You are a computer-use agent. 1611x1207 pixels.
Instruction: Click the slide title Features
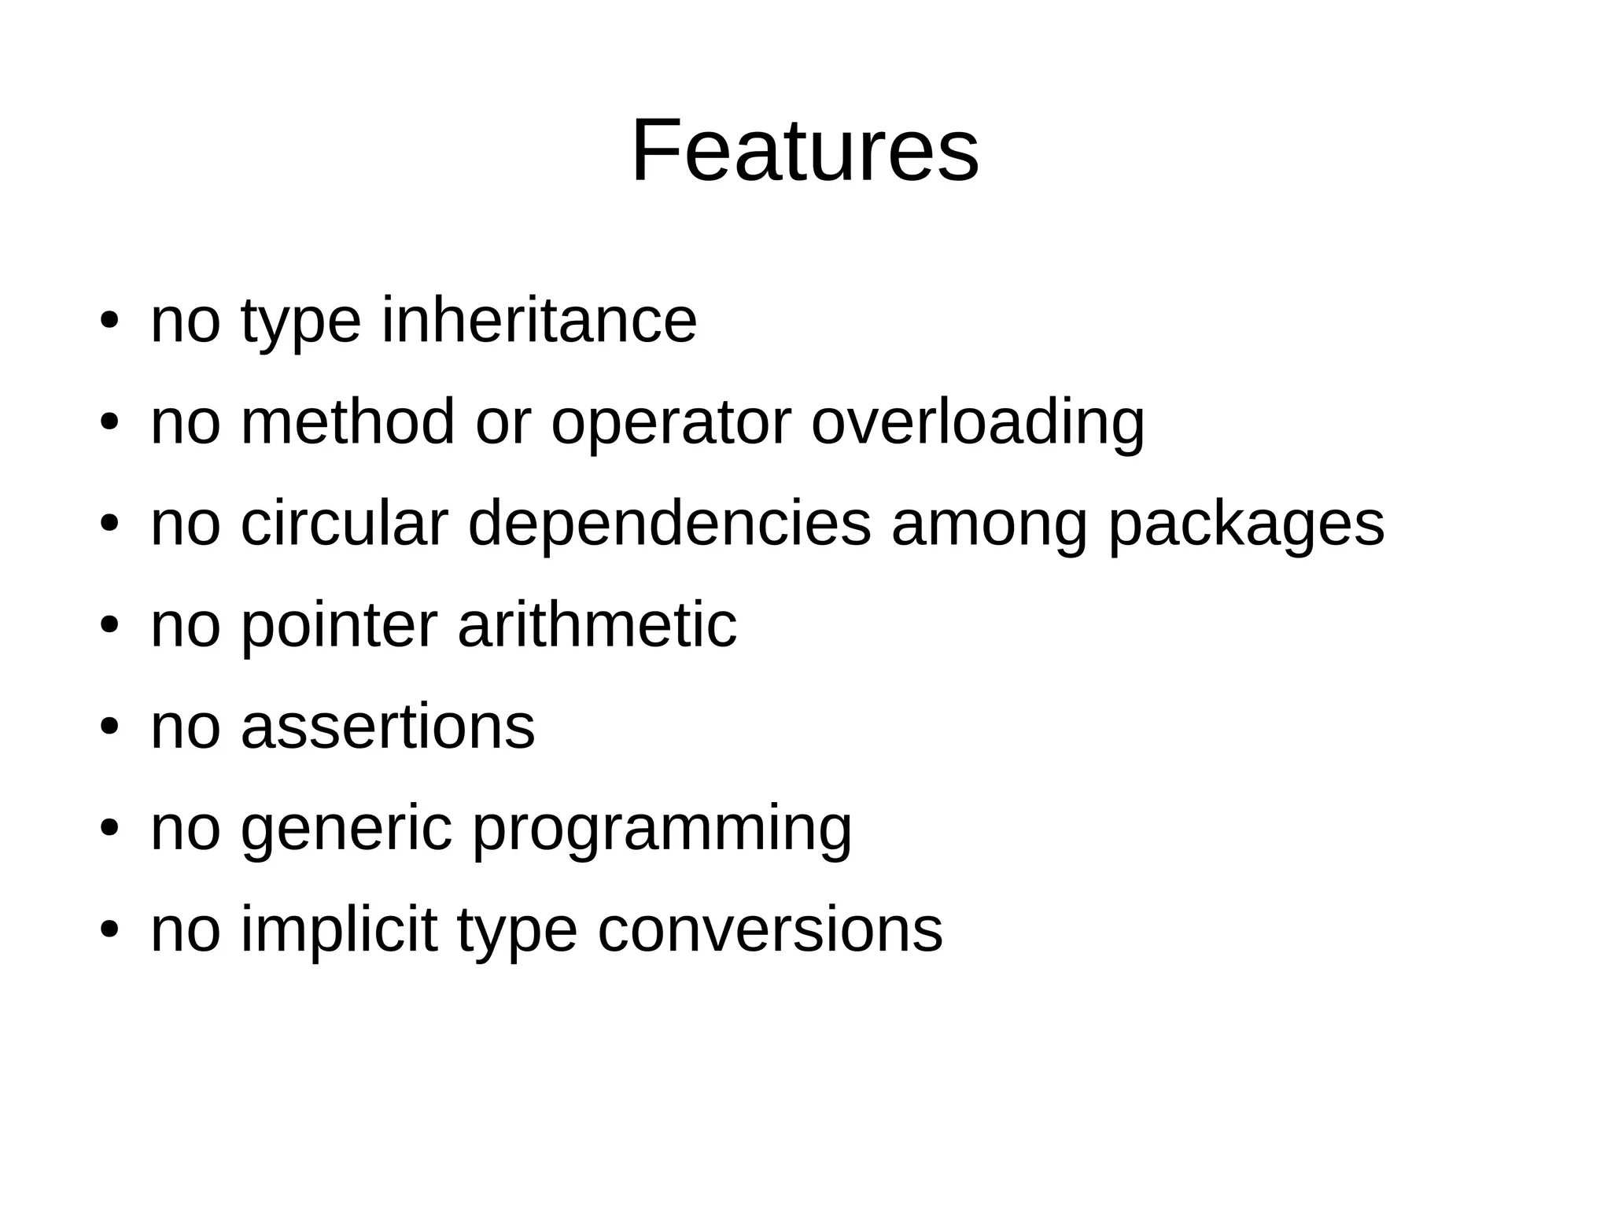click(805, 150)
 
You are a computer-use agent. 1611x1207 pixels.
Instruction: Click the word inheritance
click(539, 320)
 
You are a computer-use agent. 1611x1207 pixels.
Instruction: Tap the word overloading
click(978, 422)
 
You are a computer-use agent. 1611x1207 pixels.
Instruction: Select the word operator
click(671, 422)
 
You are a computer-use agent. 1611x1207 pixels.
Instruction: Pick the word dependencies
click(669, 524)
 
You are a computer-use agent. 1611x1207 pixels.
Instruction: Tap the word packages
click(1246, 524)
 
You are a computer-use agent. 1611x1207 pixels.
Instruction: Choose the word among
click(990, 524)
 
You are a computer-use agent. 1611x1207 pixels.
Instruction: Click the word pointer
click(338, 626)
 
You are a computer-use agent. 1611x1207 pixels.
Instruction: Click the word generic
click(347, 829)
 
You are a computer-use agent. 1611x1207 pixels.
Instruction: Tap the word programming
click(662, 830)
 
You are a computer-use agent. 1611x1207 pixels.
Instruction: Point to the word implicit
click(338, 930)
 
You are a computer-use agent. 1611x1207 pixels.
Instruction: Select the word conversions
click(770, 930)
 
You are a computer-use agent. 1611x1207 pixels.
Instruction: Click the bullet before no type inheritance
click(109, 322)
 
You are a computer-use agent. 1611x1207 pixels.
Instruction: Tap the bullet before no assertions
click(109, 727)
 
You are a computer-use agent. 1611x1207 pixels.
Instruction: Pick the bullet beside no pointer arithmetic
click(109, 626)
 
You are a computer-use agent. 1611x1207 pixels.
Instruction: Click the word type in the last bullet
click(517, 932)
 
